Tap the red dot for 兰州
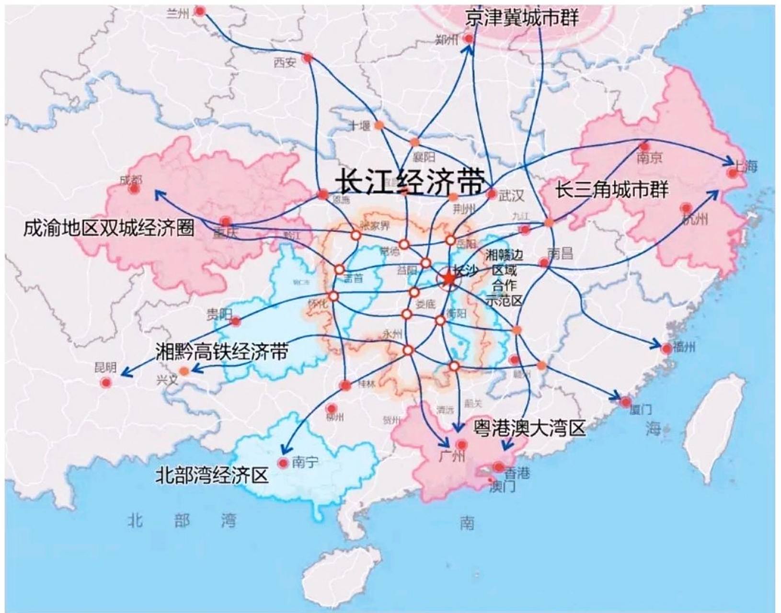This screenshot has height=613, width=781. [200, 11]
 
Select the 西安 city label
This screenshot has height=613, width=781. [285, 62]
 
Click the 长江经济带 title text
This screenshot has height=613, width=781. [410, 182]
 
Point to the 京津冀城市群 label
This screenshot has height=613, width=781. [522, 18]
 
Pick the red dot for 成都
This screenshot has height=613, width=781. [134, 189]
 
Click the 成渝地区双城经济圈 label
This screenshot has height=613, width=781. [109, 228]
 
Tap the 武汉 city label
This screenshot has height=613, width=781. [512, 195]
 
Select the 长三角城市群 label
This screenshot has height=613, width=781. [611, 190]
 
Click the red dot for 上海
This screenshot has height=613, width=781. [732, 173]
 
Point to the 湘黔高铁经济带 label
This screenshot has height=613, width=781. [222, 352]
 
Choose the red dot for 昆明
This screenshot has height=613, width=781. [106, 383]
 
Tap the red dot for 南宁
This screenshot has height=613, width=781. [283, 463]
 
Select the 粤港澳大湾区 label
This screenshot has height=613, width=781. [529, 428]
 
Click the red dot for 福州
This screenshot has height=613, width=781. [666, 349]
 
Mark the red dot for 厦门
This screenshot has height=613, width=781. [625, 402]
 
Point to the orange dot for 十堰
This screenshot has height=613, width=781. [379, 125]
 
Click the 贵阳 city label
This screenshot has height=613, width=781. [219, 315]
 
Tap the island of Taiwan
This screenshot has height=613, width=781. [714, 431]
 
